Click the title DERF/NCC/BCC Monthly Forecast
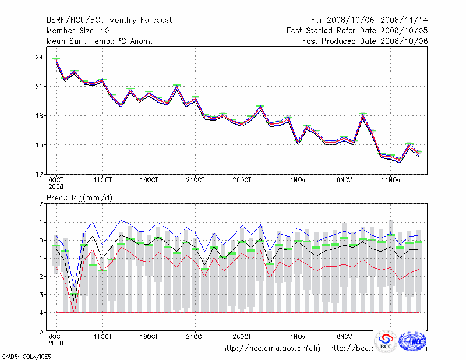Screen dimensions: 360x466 click(109, 20)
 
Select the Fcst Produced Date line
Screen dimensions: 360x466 click(365, 41)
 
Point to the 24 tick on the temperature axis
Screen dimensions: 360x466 click(38, 57)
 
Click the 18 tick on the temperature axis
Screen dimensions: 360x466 click(38, 115)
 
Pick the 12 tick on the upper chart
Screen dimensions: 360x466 click(38, 174)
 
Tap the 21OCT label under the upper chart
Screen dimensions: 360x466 click(195, 179)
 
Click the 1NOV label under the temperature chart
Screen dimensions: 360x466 click(298, 179)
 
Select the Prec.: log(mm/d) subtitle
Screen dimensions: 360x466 click(79, 197)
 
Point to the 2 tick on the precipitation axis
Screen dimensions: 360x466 click(40, 204)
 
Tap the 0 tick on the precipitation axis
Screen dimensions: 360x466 click(40, 240)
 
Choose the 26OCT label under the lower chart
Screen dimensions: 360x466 click(241, 337)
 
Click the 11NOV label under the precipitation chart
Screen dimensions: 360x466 click(390, 337)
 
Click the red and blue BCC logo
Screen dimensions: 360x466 click(386, 341)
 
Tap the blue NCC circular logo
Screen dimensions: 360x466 click(413, 341)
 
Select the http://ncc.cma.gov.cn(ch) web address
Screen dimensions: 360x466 click(271, 348)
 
